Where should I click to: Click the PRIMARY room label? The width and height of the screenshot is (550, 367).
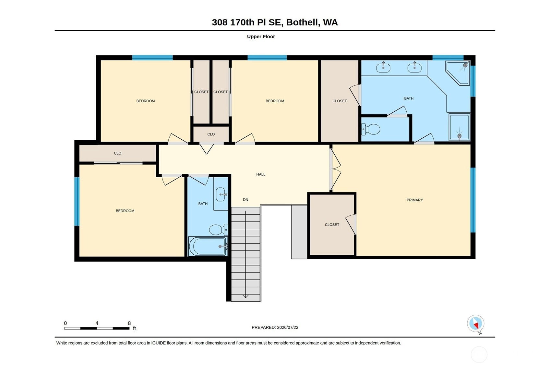[414, 200]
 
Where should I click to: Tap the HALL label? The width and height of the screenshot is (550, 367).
[260, 174]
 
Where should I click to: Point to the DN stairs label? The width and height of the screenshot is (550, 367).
[245, 199]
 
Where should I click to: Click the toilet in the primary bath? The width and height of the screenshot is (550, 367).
[371, 129]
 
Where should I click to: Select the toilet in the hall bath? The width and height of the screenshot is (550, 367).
[219, 230]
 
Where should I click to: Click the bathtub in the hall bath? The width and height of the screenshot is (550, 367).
[208, 246]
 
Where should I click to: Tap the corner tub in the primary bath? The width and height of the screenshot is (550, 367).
[458, 73]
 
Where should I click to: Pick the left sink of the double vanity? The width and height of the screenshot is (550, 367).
[383, 67]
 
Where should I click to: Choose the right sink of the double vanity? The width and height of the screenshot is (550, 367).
[414, 67]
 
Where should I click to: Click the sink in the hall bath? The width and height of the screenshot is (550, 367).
[221, 195]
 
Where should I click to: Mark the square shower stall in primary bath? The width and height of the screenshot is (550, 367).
[460, 127]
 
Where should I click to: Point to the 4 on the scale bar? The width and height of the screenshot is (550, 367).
[97, 323]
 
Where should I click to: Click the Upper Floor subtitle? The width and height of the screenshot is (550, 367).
[261, 37]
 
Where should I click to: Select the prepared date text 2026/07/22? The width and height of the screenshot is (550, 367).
[288, 327]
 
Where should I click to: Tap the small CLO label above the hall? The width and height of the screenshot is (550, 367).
[211, 134]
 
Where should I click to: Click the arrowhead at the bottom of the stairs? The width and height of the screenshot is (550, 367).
[245, 296]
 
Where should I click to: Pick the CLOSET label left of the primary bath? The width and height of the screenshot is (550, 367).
[340, 101]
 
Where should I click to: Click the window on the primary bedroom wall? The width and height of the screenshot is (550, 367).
[473, 200]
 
